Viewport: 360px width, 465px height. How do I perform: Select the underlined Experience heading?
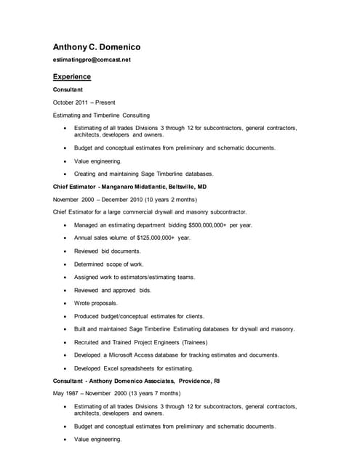tap(72, 76)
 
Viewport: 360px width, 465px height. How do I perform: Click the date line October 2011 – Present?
tap(84, 102)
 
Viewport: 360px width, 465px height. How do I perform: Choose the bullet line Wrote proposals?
tap(95, 303)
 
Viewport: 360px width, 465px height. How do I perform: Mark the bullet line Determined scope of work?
tap(108, 264)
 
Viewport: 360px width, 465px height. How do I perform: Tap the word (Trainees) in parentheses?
tap(191, 342)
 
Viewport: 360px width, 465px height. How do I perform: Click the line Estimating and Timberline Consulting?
tap(102, 115)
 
